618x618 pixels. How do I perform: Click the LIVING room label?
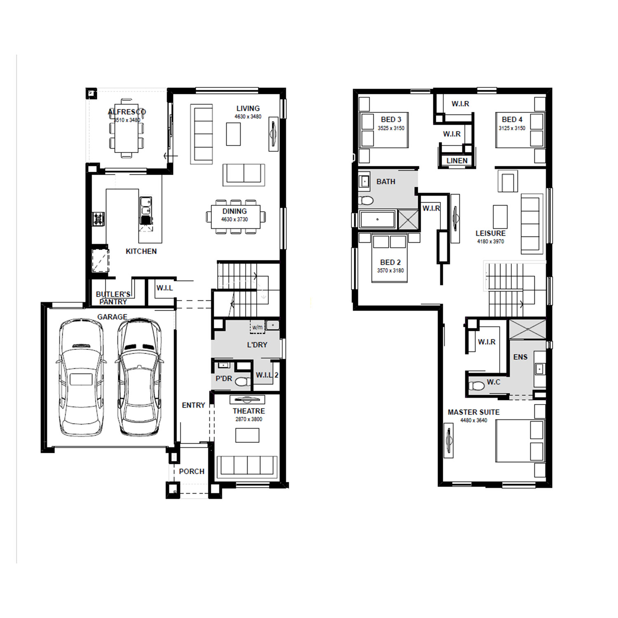[x=248, y=108]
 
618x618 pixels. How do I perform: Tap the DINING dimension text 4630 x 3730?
[x=234, y=219]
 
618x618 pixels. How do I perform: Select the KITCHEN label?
[x=141, y=251]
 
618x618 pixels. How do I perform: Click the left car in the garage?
[x=81, y=377]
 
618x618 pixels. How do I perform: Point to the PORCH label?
[x=192, y=471]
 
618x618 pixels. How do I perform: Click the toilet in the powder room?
[x=243, y=382]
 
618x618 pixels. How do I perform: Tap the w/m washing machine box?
[x=257, y=327]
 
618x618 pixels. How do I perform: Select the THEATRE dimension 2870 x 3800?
[x=249, y=419]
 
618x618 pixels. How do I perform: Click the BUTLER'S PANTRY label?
[x=113, y=298]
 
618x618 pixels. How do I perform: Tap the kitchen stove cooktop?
[x=98, y=219]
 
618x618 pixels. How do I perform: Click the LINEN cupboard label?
[x=457, y=161]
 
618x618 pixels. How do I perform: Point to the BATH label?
[x=386, y=181]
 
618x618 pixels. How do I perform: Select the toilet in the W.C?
[x=476, y=386]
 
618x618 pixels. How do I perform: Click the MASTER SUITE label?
[x=473, y=412]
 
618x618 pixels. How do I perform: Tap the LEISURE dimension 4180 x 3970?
[x=490, y=241]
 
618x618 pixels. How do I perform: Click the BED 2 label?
[x=390, y=262]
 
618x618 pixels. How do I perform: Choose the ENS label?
[x=520, y=357]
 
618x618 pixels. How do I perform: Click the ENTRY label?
[x=193, y=405]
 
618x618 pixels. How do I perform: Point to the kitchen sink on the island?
[x=145, y=206]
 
